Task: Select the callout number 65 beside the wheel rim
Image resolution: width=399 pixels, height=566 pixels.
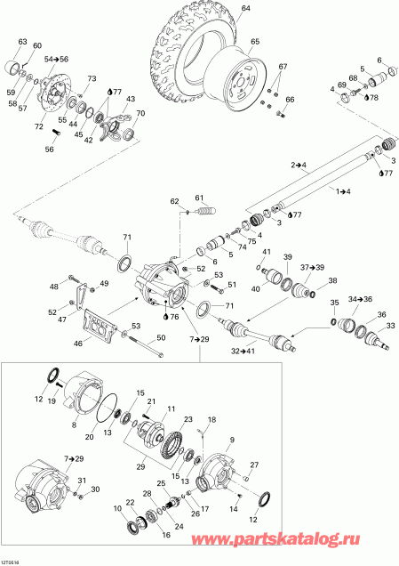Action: [254, 42]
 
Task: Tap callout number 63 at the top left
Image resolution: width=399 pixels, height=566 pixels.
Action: [22, 42]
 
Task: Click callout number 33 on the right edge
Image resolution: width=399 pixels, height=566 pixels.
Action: [388, 327]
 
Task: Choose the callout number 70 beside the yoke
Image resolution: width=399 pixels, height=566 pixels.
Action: [139, 114]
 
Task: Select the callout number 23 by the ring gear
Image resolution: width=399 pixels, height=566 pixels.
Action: [188, 420]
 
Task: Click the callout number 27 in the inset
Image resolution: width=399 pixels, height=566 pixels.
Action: [253, 465]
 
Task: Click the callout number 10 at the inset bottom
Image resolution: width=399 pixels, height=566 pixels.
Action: [118, 508]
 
